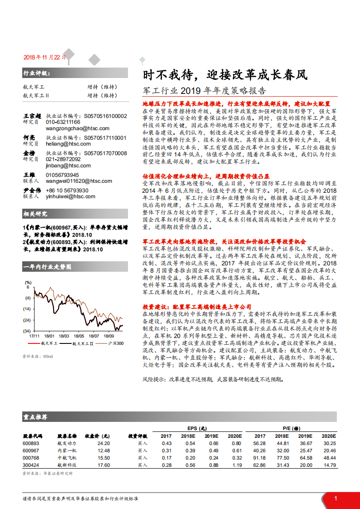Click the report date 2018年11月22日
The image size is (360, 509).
(44, 58)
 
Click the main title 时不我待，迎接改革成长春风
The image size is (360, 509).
(225, 75)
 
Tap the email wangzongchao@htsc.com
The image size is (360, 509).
(78, 128)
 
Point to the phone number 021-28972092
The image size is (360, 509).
(63, 160)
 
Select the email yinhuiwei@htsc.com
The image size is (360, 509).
(70, 196)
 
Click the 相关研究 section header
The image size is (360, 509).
(35, 214)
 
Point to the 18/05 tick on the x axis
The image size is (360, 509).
(79, 336)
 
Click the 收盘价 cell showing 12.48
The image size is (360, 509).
(104, 450)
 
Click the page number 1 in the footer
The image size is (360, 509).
(335, 499)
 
